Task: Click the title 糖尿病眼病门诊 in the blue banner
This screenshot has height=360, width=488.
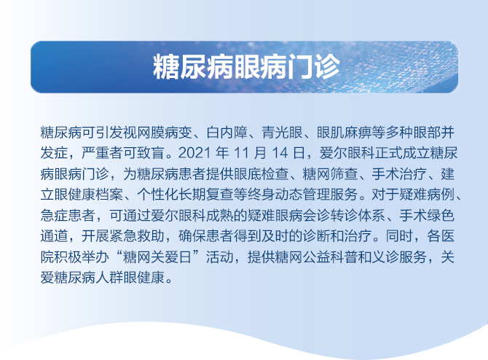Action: (245, 68)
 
